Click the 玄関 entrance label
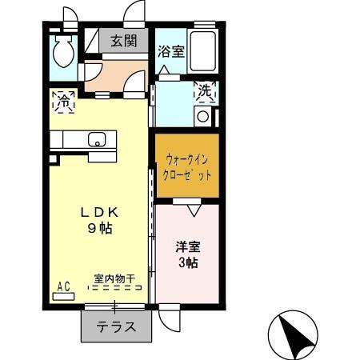(x=123, y=42)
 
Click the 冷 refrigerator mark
(x=63, y=102)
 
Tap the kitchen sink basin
(x=97, y=141)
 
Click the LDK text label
(x=98, y=213)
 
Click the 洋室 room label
(x=187, y=246)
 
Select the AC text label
(x=63, y=286)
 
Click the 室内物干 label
(x=114, y=278)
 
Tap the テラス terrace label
(x=115, y=326)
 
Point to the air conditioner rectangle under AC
(x=62, y=296)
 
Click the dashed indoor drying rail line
(x=114, y=289)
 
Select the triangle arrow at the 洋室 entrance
(x=192, y=210)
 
